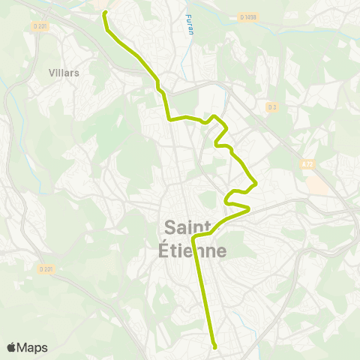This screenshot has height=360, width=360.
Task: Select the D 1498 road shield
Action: tap(248, 16)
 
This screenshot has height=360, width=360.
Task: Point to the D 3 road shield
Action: tap(271, 107)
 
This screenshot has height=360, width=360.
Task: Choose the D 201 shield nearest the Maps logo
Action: tap(45, 268)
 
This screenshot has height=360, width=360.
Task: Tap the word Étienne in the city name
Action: tap(193, 250)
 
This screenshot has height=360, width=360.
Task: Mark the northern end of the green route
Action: tap(104, 13)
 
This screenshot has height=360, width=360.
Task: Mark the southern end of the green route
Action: tap(214, 346)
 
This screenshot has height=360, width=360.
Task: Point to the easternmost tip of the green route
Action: tap(257, 182)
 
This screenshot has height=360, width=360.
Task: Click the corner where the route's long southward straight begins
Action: tap(194, 238)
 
